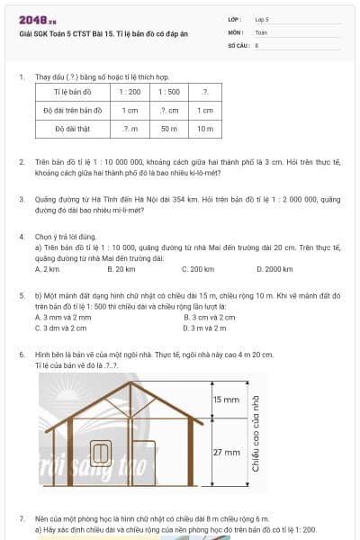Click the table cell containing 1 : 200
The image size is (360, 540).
(x=130, y=92)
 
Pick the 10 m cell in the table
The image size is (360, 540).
(x=205, y=129)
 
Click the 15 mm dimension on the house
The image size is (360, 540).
(x=225, y=397)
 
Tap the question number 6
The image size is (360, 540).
(x=22, y=355)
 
